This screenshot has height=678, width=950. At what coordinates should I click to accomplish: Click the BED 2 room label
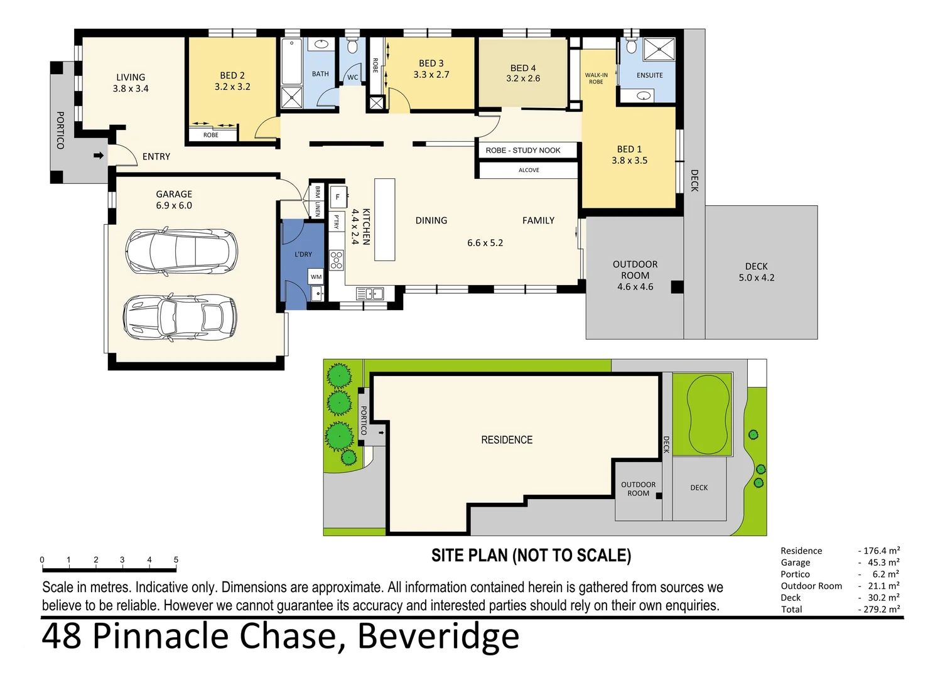pyautogui.click(x=232, y=81)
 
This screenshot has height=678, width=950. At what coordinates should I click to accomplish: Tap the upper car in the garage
pyautogui.click(x=181, y=252)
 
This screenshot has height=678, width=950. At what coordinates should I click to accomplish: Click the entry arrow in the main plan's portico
pyautogui.click(x=99, y=155)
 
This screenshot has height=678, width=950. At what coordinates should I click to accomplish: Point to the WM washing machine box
pyautogui.click(x=316, y=276)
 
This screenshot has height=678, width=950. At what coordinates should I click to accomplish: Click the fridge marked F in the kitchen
pyautogui.click(x=338, y=196)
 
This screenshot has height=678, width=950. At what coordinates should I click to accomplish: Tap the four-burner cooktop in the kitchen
pyautogui.click(x=337, y=260)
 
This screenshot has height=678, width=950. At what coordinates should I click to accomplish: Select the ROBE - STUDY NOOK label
pyautogui.click(x=522, y=150)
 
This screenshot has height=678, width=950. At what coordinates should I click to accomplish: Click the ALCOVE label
pyautogui.click(x=529, y=170)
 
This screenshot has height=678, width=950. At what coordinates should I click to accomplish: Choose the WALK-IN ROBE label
pyautogui.click(x=596, y=78)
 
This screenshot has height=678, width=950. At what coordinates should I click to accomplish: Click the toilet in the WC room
pyautogui.click(x=352, y=47)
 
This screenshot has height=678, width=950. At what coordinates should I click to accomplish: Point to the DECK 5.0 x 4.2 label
pyautogui.click(x=756, y=272)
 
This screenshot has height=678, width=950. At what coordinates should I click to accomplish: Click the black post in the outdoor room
pyautogui.click(x=676, y=287)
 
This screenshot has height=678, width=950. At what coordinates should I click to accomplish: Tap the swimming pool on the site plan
pyautogui.click(x=708, y=414)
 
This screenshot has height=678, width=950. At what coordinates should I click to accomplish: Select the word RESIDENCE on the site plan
pyautogui.click(x=507, y=440)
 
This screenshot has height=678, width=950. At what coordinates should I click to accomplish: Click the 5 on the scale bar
pyautogui.click(x=176, y=559)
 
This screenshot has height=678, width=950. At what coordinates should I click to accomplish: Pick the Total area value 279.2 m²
pyautogui.click(x=881, y=609)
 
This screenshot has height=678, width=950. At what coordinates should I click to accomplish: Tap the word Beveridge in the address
pyautogui.click(x=438, y=636)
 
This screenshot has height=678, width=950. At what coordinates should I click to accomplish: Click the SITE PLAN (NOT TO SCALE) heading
pyautogui.click(x=531, y=556)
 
